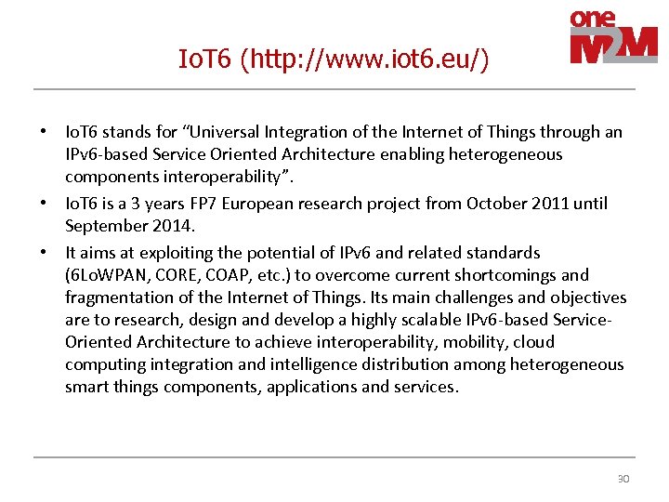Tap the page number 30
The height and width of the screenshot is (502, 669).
[623, 479]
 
